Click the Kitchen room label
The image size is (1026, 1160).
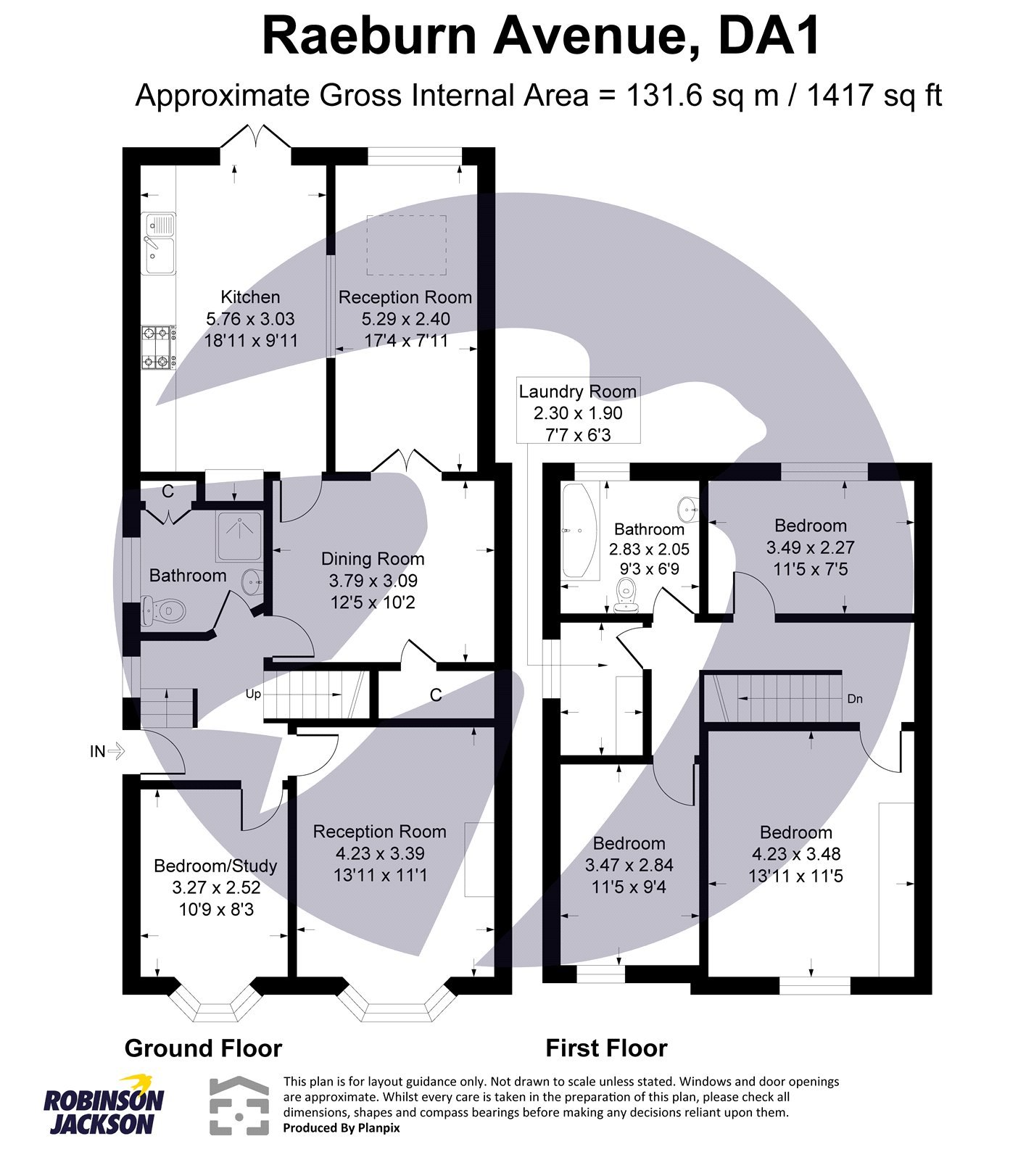pos(250,297)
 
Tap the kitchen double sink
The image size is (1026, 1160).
pos(159,244)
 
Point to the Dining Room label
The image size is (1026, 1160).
pos(373,559)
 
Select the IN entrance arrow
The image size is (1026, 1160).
pos(107,751)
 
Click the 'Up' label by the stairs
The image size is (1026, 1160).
pos(253,694)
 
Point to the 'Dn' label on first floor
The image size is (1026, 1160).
pos(855,699)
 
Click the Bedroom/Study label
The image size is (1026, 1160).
pos(215,866)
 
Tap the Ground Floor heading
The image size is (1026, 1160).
pos(203,1048)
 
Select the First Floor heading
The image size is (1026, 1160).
pos(606,1048)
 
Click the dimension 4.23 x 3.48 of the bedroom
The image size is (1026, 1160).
pos(795,854)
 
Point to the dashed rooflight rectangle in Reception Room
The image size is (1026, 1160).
pos(406,245)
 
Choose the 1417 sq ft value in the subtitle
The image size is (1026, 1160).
pos(874,96)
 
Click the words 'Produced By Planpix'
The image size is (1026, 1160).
pos(341,1128)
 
